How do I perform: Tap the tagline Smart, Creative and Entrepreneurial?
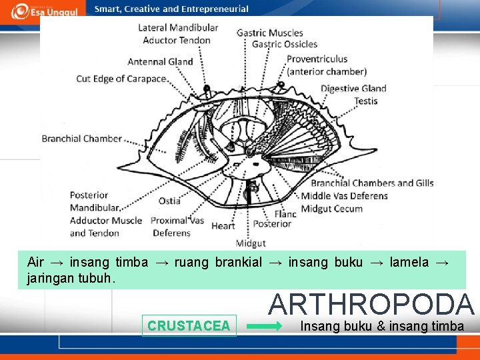[x=171, y=9]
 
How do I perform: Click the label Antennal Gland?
[x=160, y=62]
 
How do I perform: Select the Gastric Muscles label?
[x=269, y=33]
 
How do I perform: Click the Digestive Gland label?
[x=353, y=88]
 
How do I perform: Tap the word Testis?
[x=366, y=101]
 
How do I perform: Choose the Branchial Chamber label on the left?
[x=82, y=139]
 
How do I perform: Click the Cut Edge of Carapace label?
[x=121, y=79]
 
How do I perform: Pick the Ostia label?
[x=169, y=201]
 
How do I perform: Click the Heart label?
[x=223, y=226]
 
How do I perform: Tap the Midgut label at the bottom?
[x=251, y=243]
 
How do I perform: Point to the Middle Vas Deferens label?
[x=344, y=196]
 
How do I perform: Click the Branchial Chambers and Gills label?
[x=372, y=183]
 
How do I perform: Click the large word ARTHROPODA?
[x=371, y=304]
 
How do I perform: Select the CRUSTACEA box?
[x=189, y=326]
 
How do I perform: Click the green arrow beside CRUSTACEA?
[x=265, y=327]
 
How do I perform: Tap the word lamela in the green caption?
[x=409, y=262]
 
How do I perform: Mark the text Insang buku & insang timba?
[x=382, y=326]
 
